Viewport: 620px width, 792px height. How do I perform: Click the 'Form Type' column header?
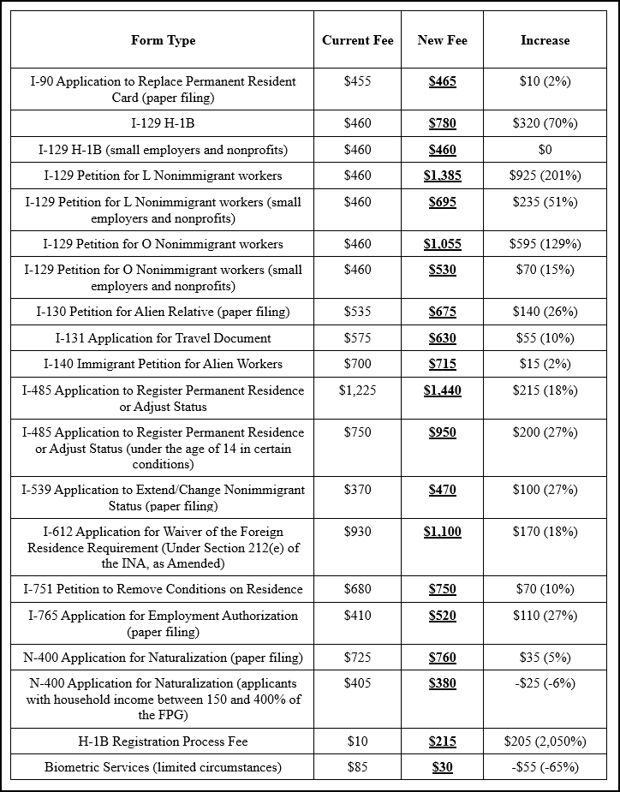[163, 40]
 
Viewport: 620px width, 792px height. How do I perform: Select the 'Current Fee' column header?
[357, 40]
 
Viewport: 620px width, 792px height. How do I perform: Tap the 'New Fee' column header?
[442, 40]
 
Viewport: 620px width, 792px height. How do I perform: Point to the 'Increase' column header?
[545, 40]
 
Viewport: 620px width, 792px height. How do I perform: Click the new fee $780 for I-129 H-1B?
[442, 123]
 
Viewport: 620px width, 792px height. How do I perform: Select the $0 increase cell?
[545, 150]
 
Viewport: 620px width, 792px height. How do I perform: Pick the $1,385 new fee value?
[442, 176]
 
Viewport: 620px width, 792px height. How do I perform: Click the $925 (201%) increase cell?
[545, 176]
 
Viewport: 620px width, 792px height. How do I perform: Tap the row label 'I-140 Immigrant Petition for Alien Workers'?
[163, 364]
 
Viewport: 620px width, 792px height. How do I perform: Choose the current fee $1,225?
[357, 390]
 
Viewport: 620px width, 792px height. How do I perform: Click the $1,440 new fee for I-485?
[442, 390]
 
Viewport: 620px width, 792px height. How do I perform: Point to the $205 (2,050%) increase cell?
[545, 741]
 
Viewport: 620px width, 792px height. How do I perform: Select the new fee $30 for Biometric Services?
[442, 767]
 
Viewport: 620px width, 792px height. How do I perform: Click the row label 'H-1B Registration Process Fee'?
[163, 741]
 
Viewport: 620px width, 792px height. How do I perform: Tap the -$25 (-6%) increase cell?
[545, 683]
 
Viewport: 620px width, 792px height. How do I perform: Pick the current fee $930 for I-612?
[357, 532]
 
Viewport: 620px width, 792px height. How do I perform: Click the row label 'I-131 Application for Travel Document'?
[163, 338]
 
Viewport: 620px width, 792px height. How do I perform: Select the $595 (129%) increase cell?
[545, 244]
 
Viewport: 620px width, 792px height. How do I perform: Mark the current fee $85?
[357, 767]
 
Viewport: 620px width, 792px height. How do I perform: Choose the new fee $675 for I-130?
[442, 312]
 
